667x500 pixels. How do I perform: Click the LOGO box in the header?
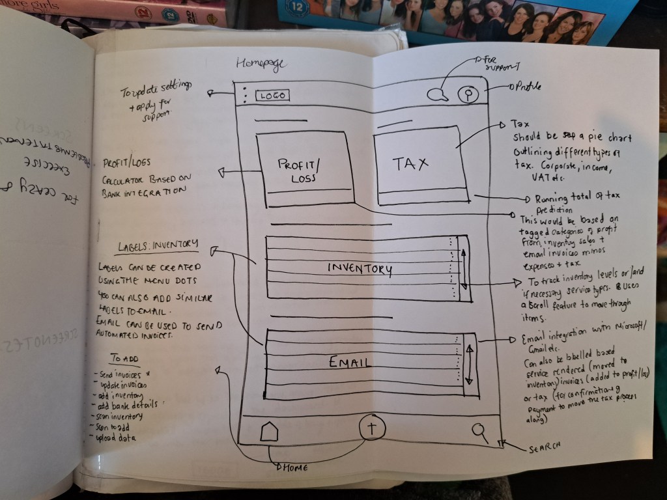[x=272, y=96]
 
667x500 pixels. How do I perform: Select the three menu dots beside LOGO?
[x=245, y=95]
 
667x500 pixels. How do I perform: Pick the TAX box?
[x=421, y=163]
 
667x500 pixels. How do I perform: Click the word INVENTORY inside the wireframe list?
[x=360, y=268]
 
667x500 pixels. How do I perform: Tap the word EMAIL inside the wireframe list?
[x=350, y=362]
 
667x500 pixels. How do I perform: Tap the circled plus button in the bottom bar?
[x=373, y=428]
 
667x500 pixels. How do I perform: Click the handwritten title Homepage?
[x=261, y=64]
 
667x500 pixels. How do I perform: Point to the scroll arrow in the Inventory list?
[x=464, y=268]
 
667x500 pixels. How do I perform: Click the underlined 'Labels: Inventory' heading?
[x=158, y=245]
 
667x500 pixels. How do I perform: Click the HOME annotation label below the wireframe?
[x=295, y=467]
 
